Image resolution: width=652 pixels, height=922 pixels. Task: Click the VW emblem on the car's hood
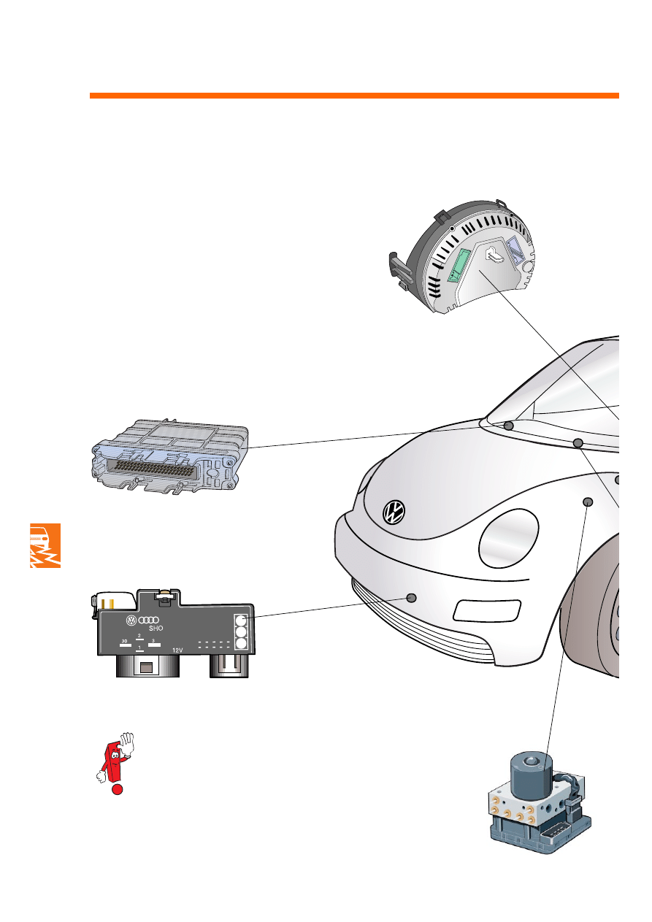tap(394, 512)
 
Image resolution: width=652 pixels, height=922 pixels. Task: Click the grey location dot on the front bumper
tap(411, 598)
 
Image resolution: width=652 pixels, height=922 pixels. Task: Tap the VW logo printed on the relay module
tap(131, 621)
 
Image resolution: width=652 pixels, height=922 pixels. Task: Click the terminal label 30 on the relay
tap(124, 640)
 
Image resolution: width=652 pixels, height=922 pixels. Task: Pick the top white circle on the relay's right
tap(242, 620)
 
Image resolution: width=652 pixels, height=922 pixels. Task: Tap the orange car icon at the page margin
tap(45, 545)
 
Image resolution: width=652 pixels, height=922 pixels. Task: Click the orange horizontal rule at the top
tap(354, 96)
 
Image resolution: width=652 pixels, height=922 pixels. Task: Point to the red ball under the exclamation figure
tap(116, 790)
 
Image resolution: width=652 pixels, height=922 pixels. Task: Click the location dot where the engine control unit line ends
tap(509, 426)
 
